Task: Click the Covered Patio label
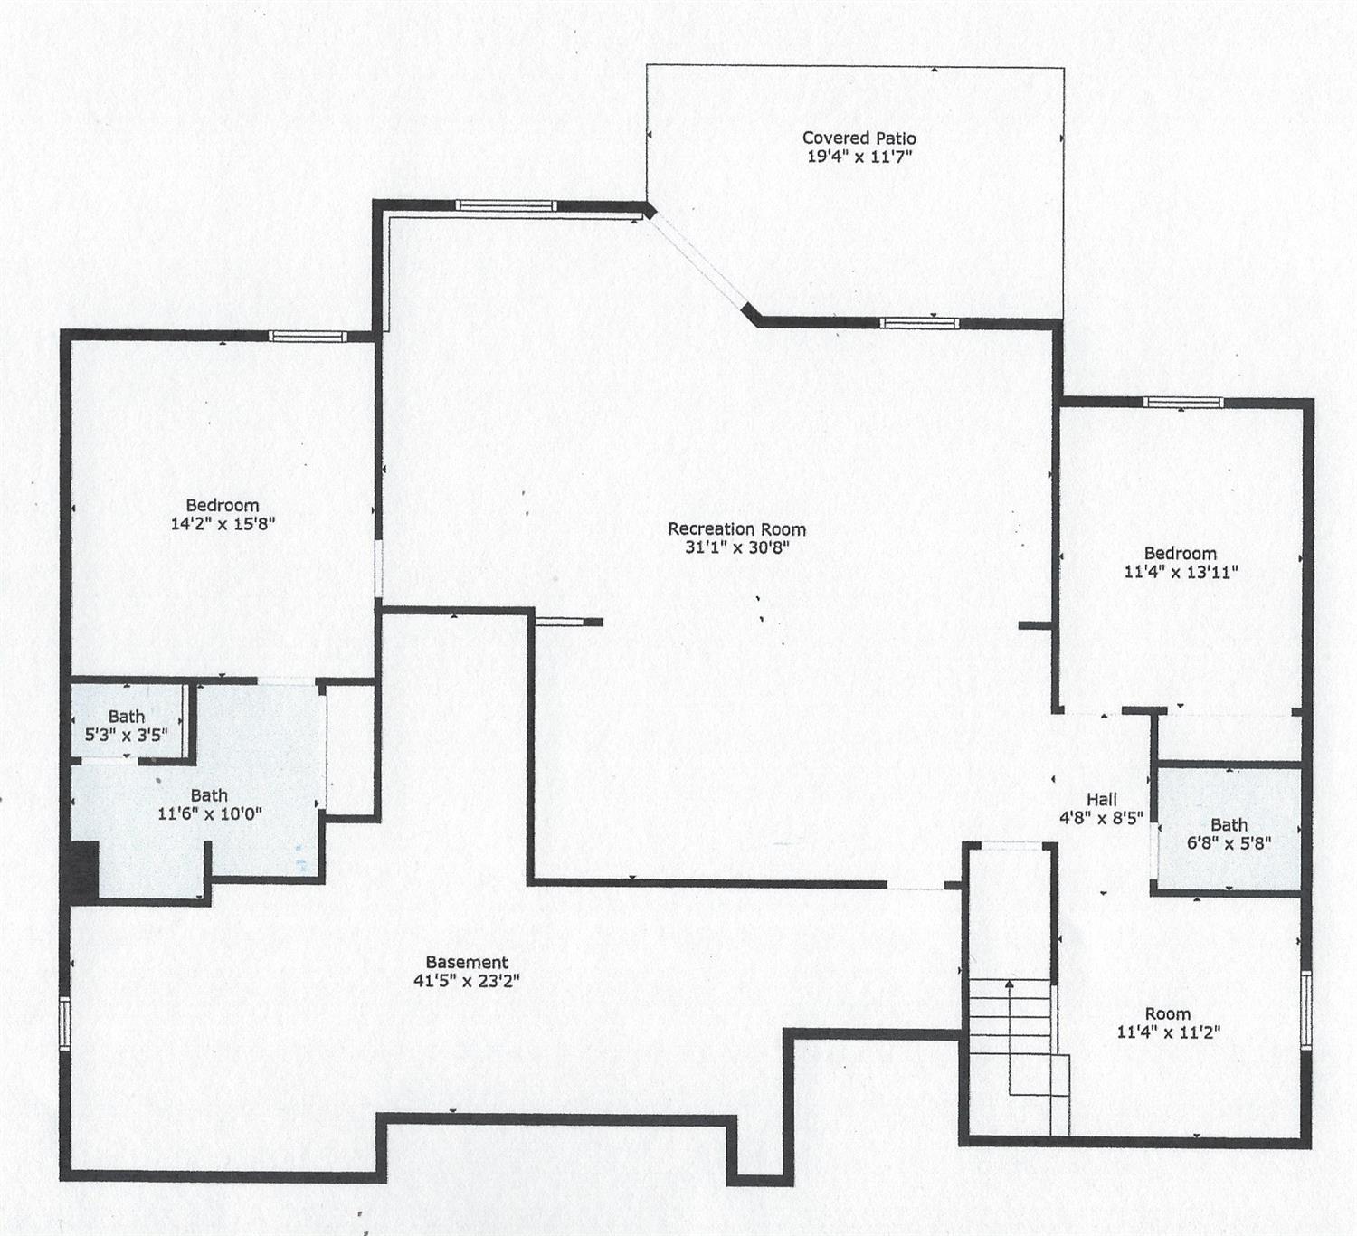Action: point(859,138)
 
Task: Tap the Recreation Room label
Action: point(736,529)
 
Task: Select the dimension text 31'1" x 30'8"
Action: point(736,547)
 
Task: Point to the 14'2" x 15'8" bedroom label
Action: point(223,515)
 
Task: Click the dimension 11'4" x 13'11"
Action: point(1181,572)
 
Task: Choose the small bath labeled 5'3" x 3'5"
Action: point(127,727)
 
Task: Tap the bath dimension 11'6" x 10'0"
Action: point(210,813)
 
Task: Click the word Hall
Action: point(1101,799)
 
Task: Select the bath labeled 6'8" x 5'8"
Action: point(1229,834)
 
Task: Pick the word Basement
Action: point(467,963)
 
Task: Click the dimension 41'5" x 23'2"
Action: point(467,981)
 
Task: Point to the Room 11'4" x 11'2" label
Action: point(1168,1023)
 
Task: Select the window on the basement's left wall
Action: point(64,1023)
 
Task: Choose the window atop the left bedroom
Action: point(308,337)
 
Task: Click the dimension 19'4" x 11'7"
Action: point(859,157)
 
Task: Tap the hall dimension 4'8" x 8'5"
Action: point(1101,817)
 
